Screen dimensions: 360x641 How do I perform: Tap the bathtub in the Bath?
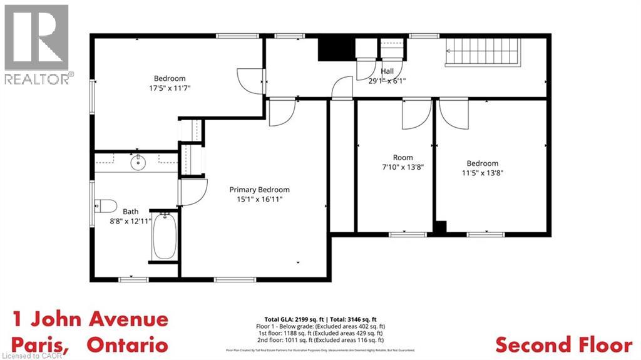pyautogui.click(x=165, y=236)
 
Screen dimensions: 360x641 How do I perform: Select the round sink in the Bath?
pyautogui.click(x=138, y=163)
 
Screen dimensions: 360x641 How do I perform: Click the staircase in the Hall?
pyautogui.click(x=482, y=51)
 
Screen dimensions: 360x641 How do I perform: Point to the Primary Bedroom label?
pyautogui.click(x=259, y=190)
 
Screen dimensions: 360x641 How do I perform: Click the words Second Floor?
pyautogui.click(x=563, y=344)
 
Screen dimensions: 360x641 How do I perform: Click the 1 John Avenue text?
pyautogui.click(x=90, y=319)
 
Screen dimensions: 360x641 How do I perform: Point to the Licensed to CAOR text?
pyautogui.click(x=26, y=356)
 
